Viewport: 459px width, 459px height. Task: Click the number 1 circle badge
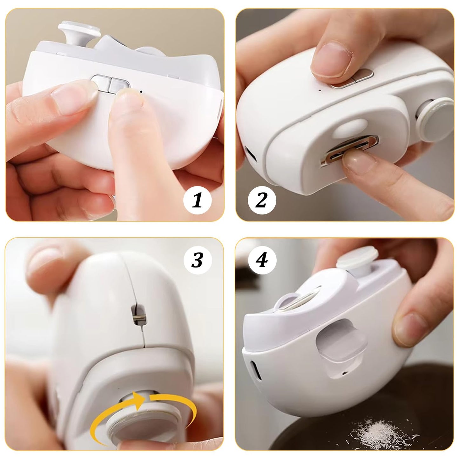point(197,200)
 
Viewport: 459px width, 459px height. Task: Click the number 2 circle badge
point(262,200)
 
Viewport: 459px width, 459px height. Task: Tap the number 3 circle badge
point(198,260)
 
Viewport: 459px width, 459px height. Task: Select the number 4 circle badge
point(262,260)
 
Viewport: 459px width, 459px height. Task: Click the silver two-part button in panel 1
point(110,84)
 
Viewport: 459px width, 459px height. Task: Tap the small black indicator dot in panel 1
point(141,91)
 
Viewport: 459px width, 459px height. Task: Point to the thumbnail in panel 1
point(71,98)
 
